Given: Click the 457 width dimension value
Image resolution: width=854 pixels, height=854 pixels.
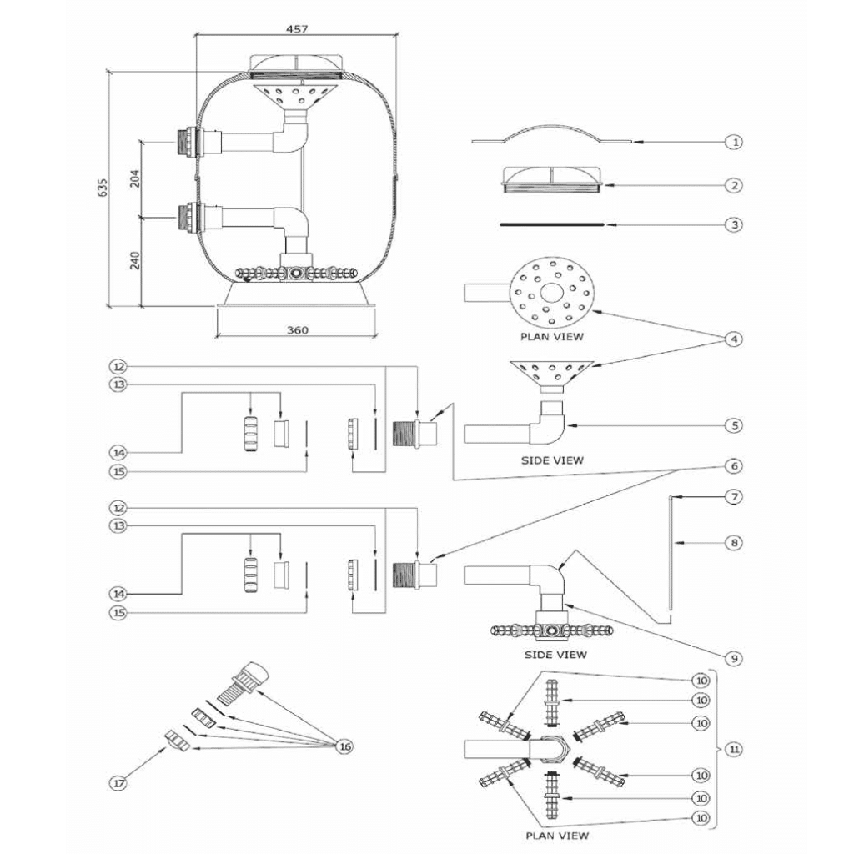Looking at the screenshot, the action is (x=296, y=28).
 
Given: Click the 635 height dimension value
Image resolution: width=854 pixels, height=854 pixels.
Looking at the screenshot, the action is (x=103, y=187).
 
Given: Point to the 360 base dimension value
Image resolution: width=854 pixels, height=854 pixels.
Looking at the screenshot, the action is (x=297, y=329).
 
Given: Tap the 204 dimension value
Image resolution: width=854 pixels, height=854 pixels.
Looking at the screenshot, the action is (x=135, y=178).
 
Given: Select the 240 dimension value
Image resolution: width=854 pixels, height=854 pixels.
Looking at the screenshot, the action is (x=135, y=260).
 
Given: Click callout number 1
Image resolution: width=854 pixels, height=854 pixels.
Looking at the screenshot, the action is (x=734, y=142).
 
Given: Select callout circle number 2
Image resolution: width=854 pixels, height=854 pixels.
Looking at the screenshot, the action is (x=734, y=185).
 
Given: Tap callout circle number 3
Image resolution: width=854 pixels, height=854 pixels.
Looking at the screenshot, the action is (x=734, y=224).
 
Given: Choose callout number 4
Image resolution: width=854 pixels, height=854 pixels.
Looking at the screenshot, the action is (x=734, y=339).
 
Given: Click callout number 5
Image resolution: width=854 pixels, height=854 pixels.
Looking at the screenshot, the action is (x=734, y=424).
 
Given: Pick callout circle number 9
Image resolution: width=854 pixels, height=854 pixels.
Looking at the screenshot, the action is (x=734, y=659).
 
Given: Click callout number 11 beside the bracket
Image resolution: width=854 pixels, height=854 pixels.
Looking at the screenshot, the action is (x=734, y=750).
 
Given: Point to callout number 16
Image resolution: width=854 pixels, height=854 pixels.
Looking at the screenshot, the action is (x=345, y=746).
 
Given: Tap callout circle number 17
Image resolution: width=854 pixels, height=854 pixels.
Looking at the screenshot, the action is (x=118, y=783).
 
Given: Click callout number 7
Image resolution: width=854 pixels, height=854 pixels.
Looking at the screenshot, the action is (x=734, y=497).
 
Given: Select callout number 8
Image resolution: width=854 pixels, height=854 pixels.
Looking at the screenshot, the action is (x=734, y=542).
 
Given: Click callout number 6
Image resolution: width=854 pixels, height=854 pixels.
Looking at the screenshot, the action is (x=734, y=466).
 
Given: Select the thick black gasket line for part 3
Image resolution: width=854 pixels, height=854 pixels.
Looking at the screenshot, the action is (x=552, y=224).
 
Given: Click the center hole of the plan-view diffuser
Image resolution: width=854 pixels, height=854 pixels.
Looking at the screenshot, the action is (x=552, y=293).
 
